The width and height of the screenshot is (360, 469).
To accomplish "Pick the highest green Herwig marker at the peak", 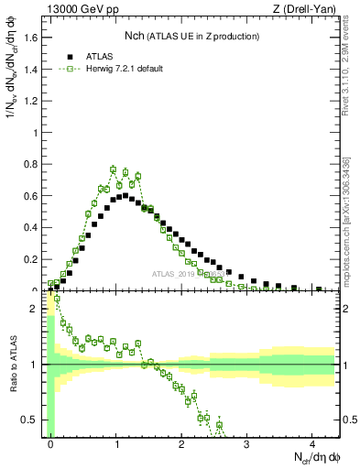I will pos(113,169).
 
